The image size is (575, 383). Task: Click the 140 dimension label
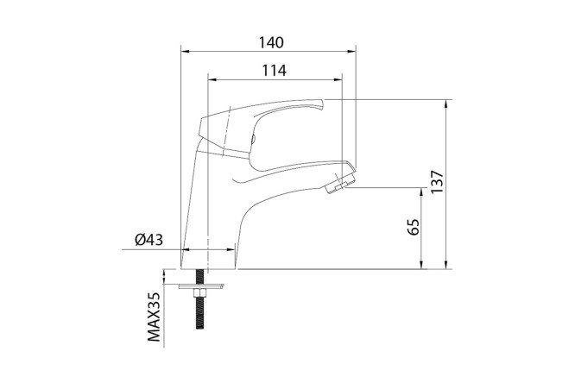[271, 42]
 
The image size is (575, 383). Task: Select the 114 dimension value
[274, 71]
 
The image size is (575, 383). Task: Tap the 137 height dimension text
[437, 182]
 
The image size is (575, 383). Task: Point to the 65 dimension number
[413, 227]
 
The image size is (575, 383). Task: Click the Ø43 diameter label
[148, 240]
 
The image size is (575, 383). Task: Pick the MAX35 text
[154, 317]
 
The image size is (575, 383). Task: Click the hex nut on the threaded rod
[199, 292]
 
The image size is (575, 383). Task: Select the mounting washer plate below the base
[201, 286]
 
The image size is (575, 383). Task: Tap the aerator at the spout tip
[340, 183]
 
